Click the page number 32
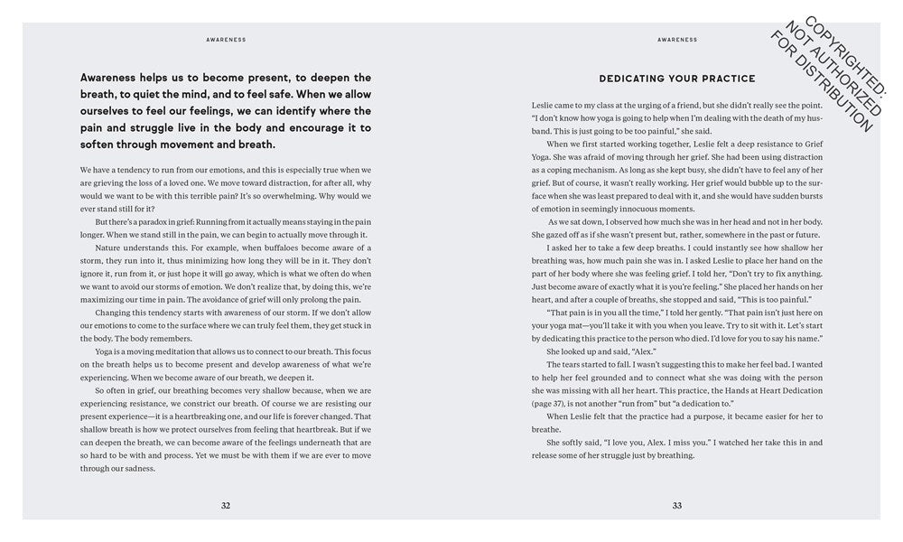[x=226, y=505]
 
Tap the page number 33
[x=677, y=505]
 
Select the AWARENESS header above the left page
[x=226, y=40]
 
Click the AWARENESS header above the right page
[x=677, y=40]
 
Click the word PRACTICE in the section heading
[x=725, y=79]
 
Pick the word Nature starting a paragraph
[x=108, y=247]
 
